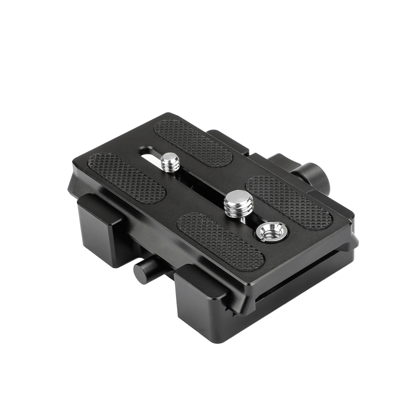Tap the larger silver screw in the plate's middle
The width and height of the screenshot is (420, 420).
[x=238, y=205]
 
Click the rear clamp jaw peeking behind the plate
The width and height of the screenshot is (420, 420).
[x=227, y=139]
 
